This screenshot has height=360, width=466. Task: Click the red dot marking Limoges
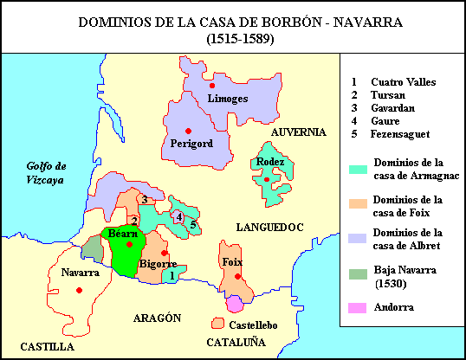pos(211,86)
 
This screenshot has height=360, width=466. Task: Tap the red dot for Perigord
pos(186,130)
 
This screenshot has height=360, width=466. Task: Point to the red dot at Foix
pos(236,276)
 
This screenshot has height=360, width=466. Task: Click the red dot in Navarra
pos(79,290)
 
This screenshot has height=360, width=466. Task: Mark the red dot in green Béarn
pos(128,244)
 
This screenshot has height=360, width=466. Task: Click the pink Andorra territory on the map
pos(235,303)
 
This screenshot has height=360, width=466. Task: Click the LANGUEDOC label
pos(269,227)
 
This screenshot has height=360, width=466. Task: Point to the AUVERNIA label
pos(298,132)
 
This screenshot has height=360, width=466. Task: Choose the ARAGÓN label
pos(158,318)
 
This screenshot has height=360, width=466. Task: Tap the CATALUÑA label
pos(236,344)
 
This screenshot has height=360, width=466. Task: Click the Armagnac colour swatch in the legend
pos(356,167)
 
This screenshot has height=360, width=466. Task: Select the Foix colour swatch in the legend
pos(356,204)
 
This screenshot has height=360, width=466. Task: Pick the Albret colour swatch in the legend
pos(356,238)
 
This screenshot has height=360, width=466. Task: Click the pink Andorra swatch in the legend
pos(356,307)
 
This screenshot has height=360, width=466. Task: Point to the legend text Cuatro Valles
pos(403,82)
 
